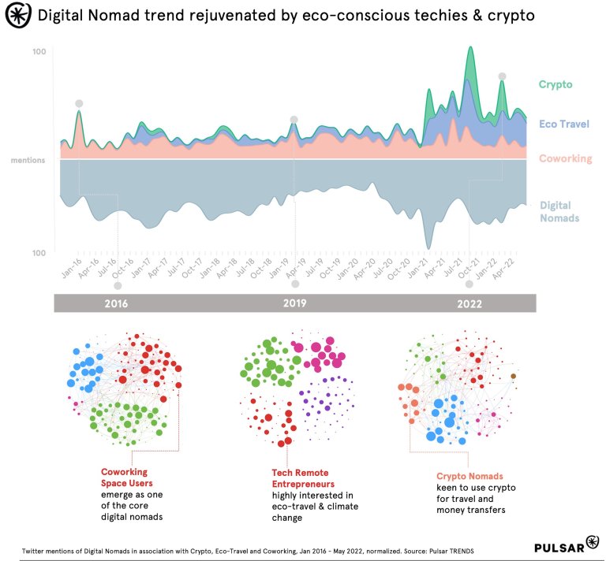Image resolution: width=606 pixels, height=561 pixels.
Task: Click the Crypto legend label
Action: (555, 84)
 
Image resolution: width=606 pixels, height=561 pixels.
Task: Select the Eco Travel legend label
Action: (563, 124)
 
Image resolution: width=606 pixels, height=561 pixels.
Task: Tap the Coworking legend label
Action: (565, 158)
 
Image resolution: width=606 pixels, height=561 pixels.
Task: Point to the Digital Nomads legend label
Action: (559, 211)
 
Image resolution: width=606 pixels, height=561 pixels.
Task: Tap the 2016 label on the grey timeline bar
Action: (115, 303)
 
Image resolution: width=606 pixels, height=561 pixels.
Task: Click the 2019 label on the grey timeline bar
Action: (294, 303)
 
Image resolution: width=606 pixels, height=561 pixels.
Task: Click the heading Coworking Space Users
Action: (126, 477)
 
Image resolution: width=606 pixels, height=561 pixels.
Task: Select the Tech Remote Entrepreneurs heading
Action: (303, 477)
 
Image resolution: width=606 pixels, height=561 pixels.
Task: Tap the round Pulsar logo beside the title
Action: (17, 16)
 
